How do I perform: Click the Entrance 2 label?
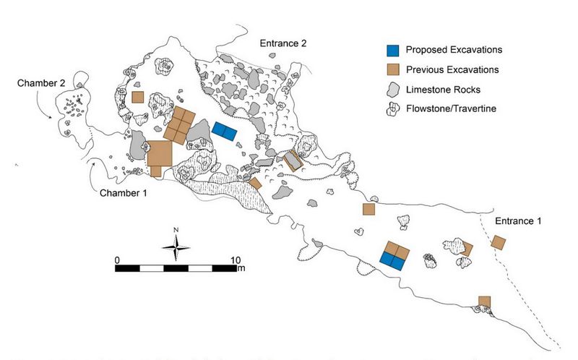click(x=283, y=43)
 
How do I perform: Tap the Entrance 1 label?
click(x=518, y=221)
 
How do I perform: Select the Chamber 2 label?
click(x=41, y=83)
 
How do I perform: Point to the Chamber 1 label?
click(x=123, y=193)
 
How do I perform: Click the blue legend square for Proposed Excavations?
click(x=393, y=51)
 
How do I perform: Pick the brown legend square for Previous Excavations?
click(x=393, y=69)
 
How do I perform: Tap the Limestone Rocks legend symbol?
click(x=393, y=90)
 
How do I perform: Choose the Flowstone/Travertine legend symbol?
click(x=393, y=109)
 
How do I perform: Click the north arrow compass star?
click(x=176, y=247)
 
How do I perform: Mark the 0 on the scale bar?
click(x=117, y=260)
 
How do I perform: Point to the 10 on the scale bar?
click(x=236, y=260)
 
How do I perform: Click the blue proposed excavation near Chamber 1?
click(x=225, y=132)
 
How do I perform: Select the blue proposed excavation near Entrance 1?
click(x=391, y=262)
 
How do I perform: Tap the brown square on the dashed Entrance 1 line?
click(x=499, y=243)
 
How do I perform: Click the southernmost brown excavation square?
click(x=484, y=301)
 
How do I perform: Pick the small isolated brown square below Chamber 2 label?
click(x=137, y=98)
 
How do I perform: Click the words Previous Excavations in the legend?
click(x=452, y=69)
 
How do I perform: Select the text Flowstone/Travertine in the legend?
click(x=451, y=108)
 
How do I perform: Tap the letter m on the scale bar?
click(x=241, y=268)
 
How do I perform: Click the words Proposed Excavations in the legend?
click(x=454, y=50)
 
